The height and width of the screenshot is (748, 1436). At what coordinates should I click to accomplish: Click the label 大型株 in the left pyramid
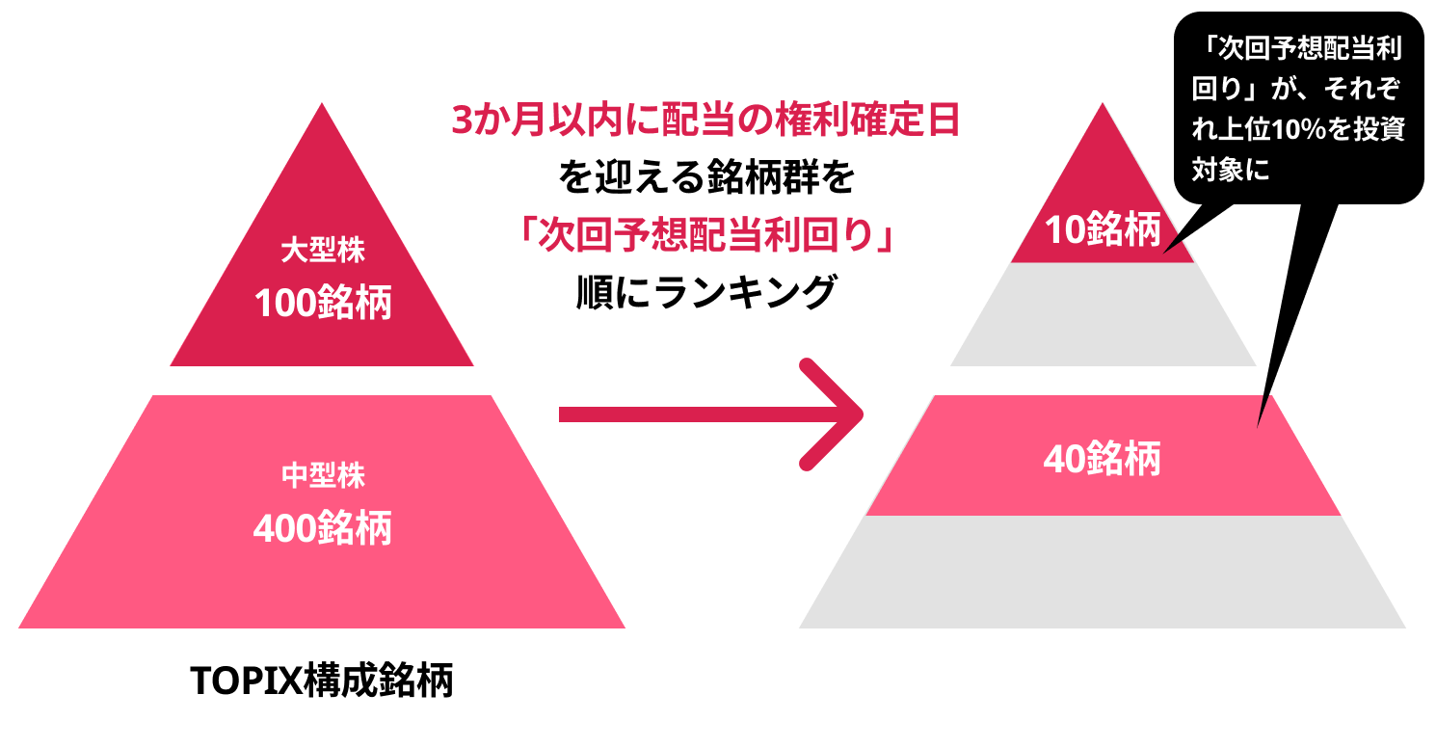coord(322,252)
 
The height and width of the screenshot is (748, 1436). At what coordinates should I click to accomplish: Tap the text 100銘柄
coord(322,304)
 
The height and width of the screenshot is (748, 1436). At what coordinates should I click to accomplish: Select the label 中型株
coord(322,475)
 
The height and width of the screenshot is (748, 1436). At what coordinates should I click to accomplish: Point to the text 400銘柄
coord(322,528)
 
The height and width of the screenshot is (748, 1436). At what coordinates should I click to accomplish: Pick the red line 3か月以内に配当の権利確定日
coord(705,121)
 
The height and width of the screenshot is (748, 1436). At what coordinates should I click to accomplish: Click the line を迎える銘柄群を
coord(705,177)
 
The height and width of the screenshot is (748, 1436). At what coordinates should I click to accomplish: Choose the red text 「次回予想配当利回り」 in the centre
coord(705,234)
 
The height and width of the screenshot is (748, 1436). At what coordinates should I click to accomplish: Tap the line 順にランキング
coord(705,291)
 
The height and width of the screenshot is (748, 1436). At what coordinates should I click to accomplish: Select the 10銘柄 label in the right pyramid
coord(1102,231)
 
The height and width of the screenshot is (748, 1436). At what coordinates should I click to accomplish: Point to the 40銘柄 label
coord(1102,460)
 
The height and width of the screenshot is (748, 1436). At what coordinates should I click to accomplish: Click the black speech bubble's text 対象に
coord(1232,171)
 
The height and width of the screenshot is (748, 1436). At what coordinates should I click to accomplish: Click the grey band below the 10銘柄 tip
coord(1102,314)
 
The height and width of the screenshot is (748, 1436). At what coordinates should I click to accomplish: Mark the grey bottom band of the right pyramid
coord(1102,574)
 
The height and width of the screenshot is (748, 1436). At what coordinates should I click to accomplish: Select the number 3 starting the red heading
coord(463,121)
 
